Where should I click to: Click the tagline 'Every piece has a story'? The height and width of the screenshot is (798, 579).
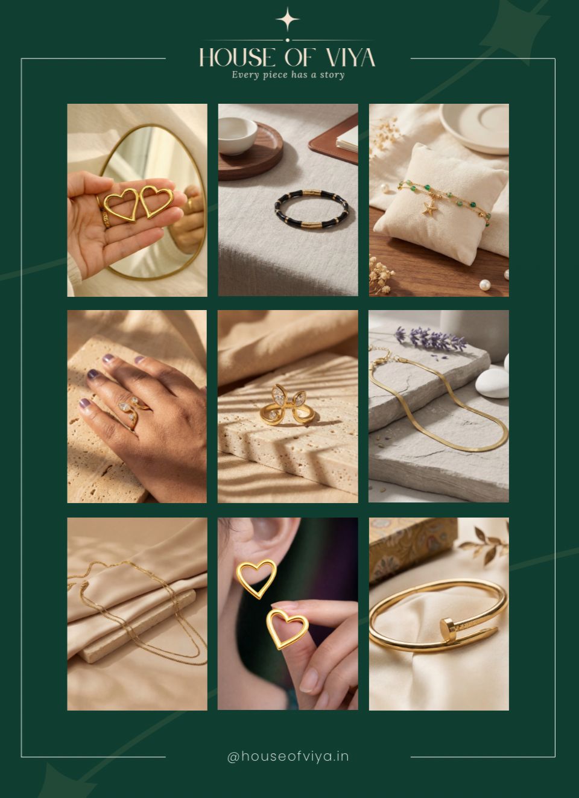tap(288, 75)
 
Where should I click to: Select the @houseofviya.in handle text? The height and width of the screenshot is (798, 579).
tap(288, 756)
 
